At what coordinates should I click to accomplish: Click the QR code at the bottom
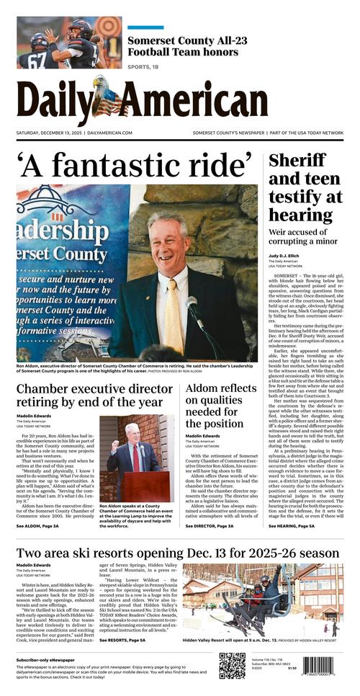(232, 666)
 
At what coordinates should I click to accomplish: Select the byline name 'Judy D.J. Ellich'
(287, 255)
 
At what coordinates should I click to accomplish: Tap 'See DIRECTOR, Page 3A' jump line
(209, 526)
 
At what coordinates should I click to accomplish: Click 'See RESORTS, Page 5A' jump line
(122, 639)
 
